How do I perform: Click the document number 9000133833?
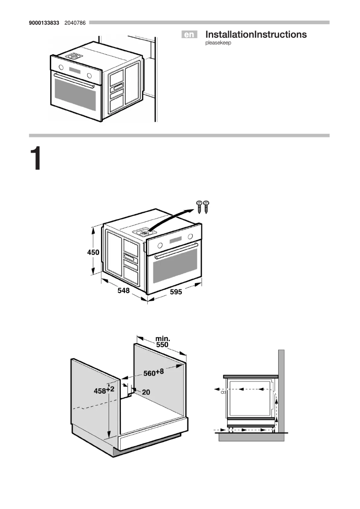coord(44,22)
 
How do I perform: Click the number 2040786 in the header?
coord(75,22)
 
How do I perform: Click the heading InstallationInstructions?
coord(256,35)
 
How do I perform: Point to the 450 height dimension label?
coord(93,253)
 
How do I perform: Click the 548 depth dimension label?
coord(123,291)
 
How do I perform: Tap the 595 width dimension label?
coord(176,292)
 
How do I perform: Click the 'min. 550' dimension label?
coord(162,342)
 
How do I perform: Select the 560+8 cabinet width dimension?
coord(154,373)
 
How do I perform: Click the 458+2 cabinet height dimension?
coord(104,391)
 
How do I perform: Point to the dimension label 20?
coord(146,392)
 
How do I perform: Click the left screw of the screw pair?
coord(199,206)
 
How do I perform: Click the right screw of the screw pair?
coord(207,206)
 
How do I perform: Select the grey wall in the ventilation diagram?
coord(281,386)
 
